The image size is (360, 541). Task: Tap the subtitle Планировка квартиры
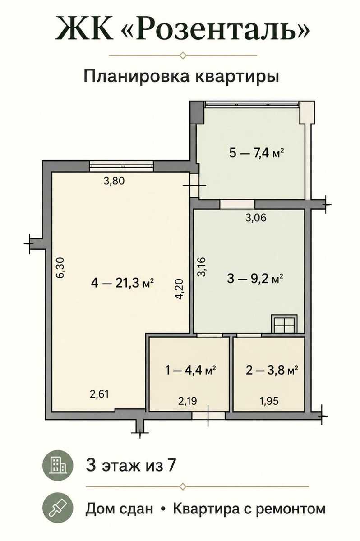[x=181, y=76]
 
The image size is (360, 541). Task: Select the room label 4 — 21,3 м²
[x=123, y=283]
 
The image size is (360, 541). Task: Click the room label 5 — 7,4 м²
[x=256, y=153]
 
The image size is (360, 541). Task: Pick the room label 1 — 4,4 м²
[x=191, y=370]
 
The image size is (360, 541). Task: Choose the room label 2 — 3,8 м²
[x=272, y=370]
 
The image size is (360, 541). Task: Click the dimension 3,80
[x=114, y=181]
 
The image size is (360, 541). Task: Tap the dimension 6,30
[x=60, y=268]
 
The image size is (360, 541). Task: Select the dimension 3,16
[x=201, y=267]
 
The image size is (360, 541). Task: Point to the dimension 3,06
[x=256, y=218]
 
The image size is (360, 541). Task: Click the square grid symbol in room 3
[x=284, y=324]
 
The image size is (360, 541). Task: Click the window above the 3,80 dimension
[x=121, y=166]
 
